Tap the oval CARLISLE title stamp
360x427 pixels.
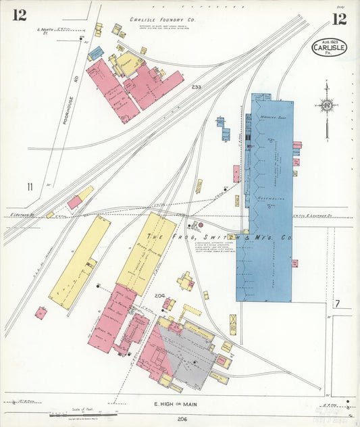[329, 47]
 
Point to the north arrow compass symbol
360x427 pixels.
[327, 106]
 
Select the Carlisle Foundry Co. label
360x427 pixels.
[162, 20]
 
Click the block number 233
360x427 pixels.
[196, 87]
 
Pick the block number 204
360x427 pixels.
[159, 296]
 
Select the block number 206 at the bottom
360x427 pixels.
[182, 419]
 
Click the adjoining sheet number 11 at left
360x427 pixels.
[30, 187]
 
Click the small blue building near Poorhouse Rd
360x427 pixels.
[96, 52]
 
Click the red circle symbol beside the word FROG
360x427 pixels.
[199, 224]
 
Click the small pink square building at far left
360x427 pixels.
[41, 313]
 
